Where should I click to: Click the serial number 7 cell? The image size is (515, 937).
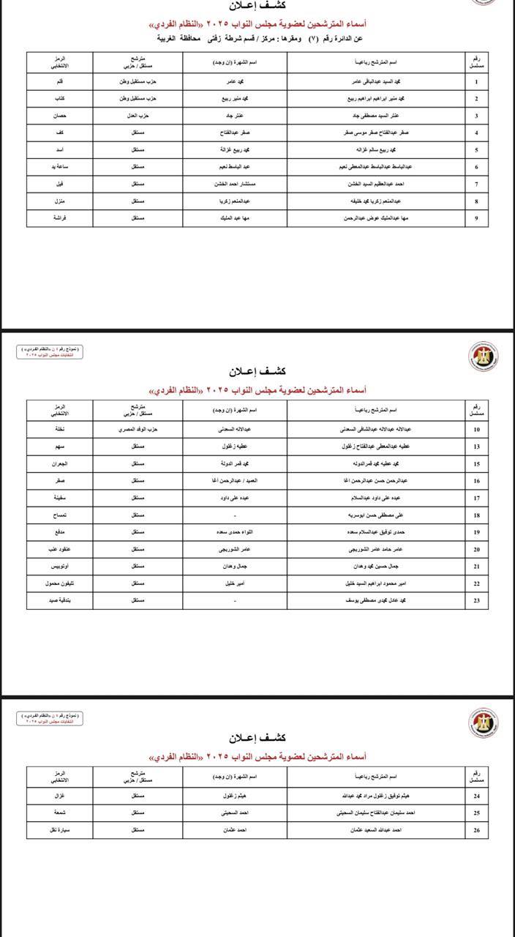476,184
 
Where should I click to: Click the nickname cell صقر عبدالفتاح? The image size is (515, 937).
235,133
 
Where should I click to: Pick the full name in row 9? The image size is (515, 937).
375,218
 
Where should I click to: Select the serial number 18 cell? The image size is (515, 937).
476,515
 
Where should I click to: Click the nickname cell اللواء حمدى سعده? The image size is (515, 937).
235,532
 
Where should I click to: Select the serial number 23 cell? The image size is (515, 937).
476,600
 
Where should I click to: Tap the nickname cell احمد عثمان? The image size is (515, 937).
235,830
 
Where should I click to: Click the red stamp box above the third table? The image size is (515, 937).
50,718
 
